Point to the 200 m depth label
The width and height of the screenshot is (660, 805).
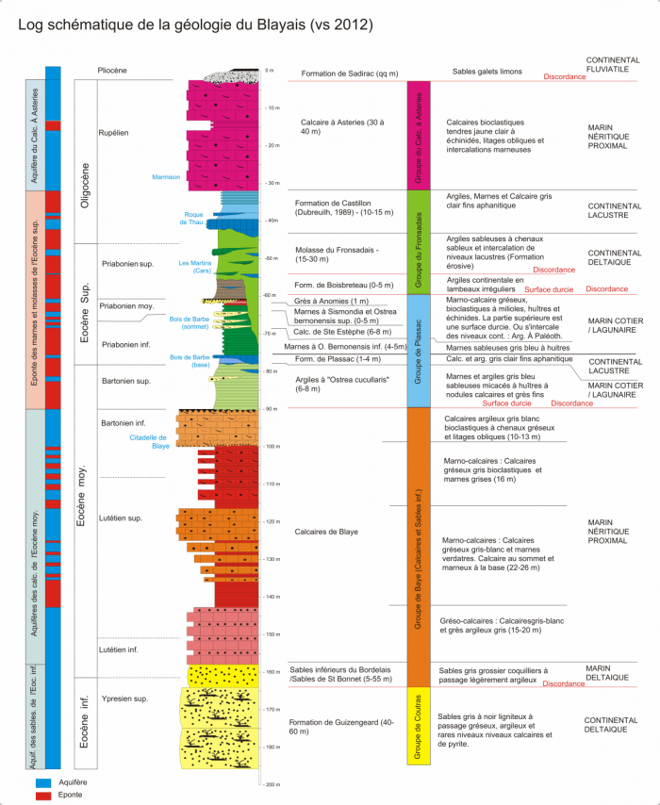tap(275, 784)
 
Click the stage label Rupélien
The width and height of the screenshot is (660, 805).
tap(113, 133)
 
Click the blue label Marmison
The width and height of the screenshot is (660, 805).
tap(165, 176)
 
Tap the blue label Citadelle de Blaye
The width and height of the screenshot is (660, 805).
tap(153, 441)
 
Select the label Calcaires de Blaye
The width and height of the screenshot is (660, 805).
tap(326, 532)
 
